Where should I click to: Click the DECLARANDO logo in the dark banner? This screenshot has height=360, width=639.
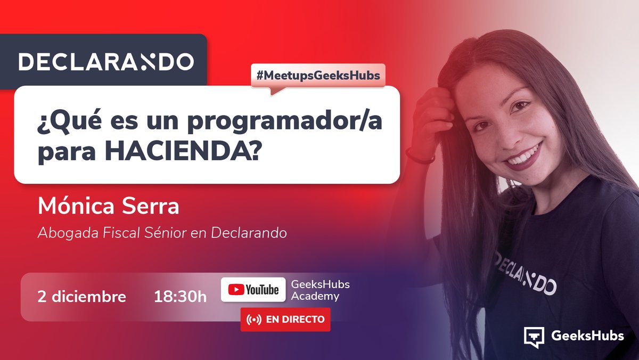(x=106, y=61)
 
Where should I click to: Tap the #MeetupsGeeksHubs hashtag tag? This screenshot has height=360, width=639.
(x=318, y=75)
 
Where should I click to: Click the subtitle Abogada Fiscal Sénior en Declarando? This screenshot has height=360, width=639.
(x=162, y=233)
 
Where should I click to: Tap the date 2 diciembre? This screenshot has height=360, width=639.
(x=82, y=297)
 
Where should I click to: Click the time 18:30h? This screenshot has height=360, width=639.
(x=180, y=297)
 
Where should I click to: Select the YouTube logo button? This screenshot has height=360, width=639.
(x=253, y=290)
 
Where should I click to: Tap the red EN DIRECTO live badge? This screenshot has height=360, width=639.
(x=285, y=320)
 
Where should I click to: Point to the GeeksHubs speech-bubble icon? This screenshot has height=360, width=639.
(x=534, y=337)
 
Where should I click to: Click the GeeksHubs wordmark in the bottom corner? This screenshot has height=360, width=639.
(x=587, y=336)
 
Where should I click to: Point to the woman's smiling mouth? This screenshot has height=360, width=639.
(x=523, y=156)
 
